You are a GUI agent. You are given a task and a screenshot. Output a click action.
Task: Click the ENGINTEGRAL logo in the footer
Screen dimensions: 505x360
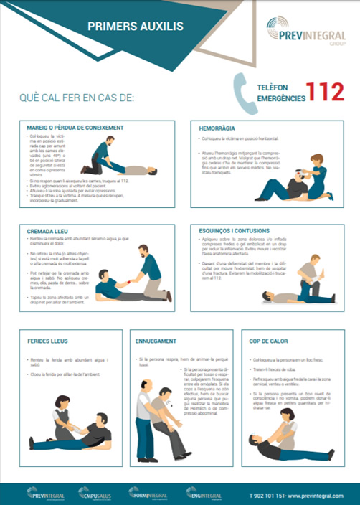click(x=204, y=493)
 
